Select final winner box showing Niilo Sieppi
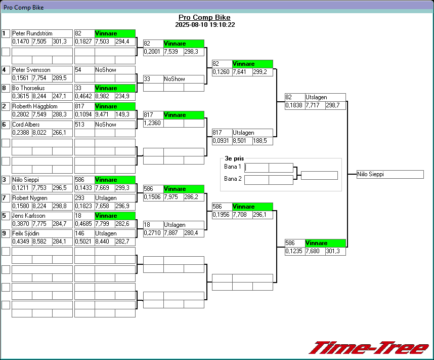389,174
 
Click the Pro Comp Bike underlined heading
205,17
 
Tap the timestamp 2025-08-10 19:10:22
205,24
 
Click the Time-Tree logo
368,348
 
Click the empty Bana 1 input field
256,168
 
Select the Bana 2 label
233,179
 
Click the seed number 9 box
6,234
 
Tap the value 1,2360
153,123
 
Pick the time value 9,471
105,114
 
